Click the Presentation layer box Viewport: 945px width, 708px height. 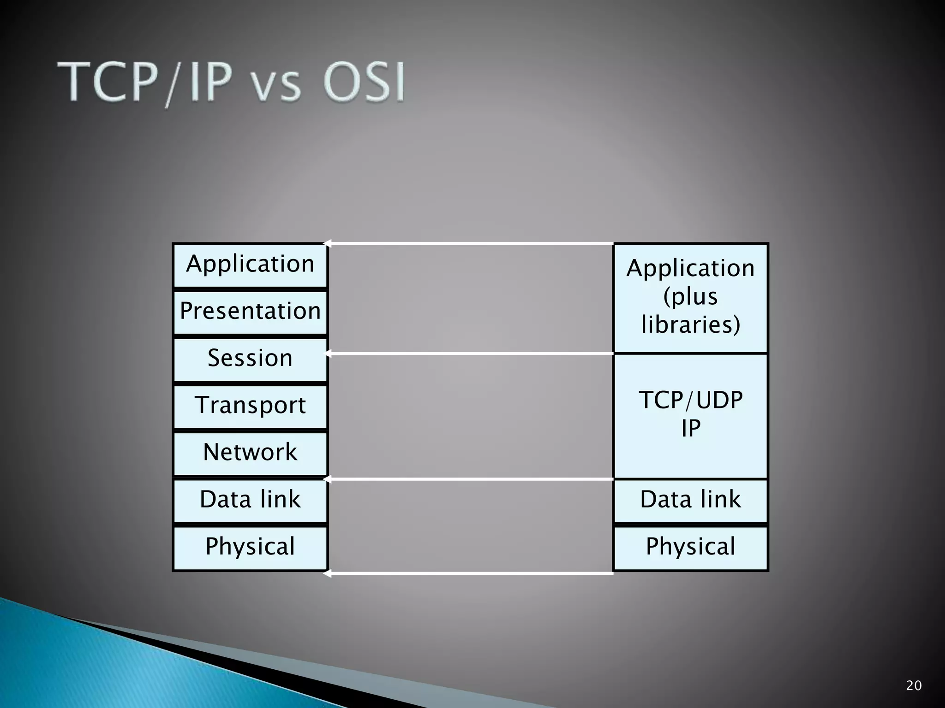point(250,312)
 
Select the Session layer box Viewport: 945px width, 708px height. point(250,359)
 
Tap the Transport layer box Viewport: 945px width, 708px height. point(250,406)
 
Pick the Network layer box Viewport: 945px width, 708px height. point(250,453)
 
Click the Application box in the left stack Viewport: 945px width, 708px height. point(250,265)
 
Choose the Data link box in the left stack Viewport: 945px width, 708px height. point(250,500)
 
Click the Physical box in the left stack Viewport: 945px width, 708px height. point(250,547)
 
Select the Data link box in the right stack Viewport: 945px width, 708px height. point(690,500)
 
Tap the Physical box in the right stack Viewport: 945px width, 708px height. point(690,547)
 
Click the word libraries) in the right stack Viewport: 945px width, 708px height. point(690,324)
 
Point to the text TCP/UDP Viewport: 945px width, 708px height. point(690,400)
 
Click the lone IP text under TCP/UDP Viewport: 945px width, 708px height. point(690,429)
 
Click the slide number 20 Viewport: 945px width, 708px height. point(914,686)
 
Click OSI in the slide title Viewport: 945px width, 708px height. point(364,83)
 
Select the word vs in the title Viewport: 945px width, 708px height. point(277,87)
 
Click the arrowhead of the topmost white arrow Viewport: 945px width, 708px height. point(327,243)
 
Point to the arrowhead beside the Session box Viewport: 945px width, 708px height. point(329,354)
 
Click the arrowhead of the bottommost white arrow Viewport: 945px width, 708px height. point(327,573)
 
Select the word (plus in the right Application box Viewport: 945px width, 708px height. point(690,296)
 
